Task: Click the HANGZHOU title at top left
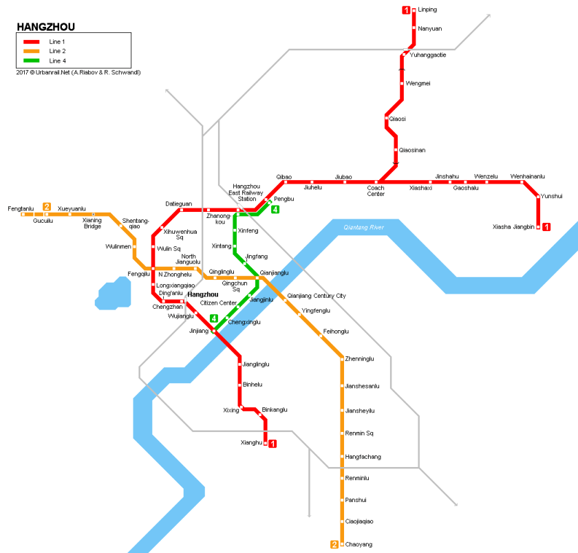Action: click(46, 28)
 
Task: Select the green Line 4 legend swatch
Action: click(32, 61)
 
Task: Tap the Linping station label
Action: click(427, 10)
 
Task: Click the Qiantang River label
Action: click(364, 228)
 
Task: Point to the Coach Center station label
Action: click(376, 191)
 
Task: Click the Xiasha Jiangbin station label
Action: click(513, 226)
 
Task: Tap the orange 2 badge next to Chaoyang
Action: click(334, 545)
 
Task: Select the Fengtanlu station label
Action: click(21, 208)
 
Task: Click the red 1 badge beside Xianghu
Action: click(272, 444)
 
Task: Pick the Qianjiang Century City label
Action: click(317, 296)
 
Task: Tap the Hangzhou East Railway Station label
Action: click(247, 193)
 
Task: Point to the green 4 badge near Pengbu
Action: click(275, 209)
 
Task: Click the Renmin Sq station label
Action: click(358, 433)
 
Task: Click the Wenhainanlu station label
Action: click(527, 177)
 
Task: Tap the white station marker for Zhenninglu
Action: click(342, 359)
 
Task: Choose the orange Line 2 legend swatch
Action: click(32, 51)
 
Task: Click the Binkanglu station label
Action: click(275, 409)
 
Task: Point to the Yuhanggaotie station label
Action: click(428, 55)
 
